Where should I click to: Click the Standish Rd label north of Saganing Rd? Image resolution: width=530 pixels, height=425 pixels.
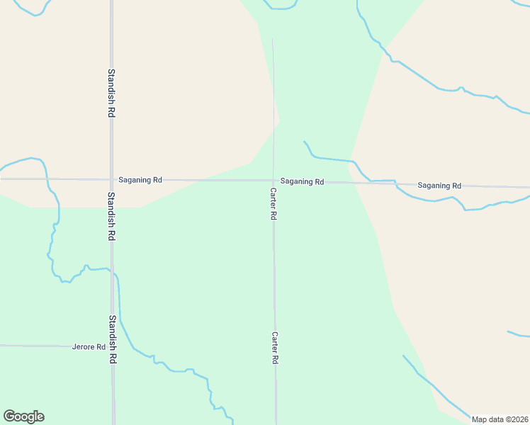click(111, 93)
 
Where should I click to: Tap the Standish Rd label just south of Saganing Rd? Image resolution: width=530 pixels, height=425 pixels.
click(111, 217)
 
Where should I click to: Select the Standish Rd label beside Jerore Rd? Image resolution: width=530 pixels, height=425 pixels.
click(112, 340)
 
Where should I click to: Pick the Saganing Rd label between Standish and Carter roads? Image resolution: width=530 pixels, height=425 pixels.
click(140, 180)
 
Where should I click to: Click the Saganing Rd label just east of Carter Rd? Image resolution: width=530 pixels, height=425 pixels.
click(302, 182)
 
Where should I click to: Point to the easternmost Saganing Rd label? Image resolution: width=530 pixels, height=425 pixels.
click(439, 186)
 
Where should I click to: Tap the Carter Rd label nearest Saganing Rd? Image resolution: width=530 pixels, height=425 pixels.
click(273, 204)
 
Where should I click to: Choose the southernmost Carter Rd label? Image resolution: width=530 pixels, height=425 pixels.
click(274, 348)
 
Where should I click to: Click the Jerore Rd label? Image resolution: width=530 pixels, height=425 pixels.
click(89, 347)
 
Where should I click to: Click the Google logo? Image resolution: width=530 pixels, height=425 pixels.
click(23, 416)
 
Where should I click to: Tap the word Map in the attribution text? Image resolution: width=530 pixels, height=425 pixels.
click(480, 419)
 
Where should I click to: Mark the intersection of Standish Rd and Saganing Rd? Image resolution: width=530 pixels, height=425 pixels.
click(111, 179)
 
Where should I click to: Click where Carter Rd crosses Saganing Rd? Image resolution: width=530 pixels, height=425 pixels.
click(274, 181)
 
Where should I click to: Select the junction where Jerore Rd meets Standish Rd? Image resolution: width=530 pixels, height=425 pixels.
click(112, 346)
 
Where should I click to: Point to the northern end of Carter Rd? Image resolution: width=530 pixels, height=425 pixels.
click(273, 40)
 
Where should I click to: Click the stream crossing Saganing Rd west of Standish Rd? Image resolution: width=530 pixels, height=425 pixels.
click(47, 178)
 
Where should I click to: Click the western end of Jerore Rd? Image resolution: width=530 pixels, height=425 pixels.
click(1, 346)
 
